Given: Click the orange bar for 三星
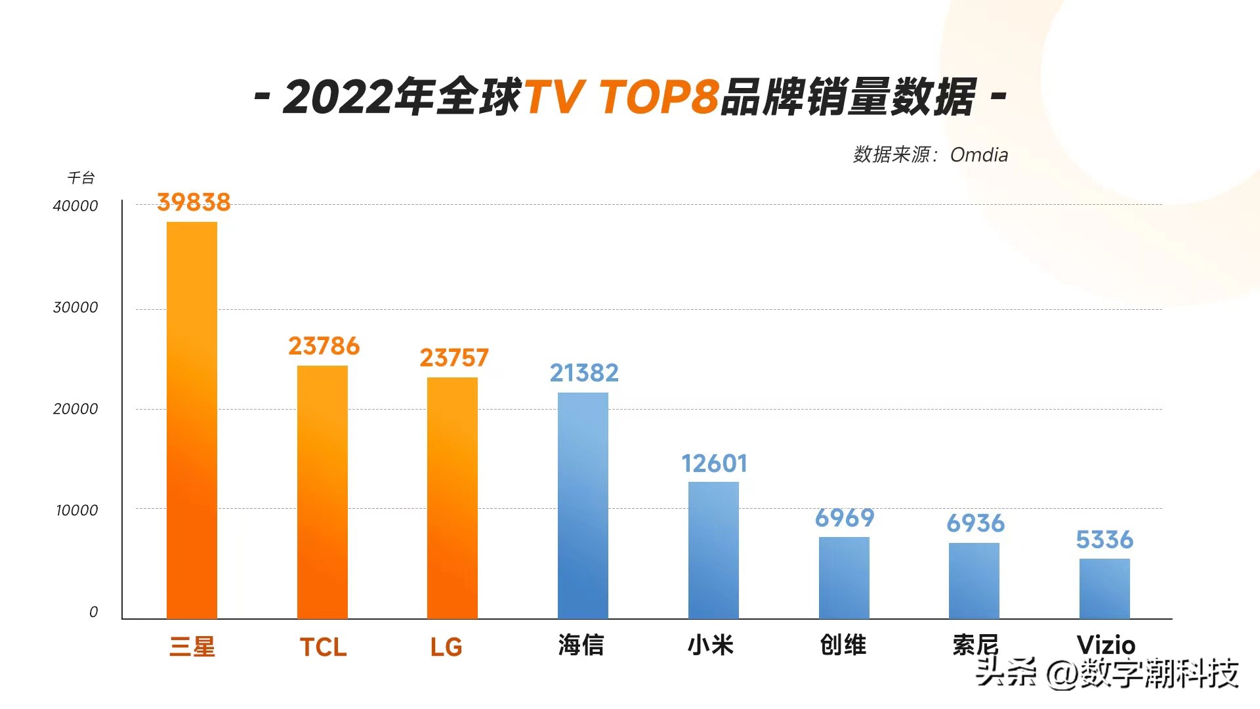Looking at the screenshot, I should [192, 420].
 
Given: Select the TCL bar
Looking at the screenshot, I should [322, 492].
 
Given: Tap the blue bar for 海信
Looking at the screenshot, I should [583, 505].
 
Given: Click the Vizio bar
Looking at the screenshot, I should [1104, 588].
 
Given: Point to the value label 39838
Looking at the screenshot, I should [194, 202].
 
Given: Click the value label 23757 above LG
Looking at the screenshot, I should [454, 358].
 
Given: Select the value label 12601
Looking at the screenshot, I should [714, 464].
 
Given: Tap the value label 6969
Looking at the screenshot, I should [845, 519].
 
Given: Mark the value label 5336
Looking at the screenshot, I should [1104, 540].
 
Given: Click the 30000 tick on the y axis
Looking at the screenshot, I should [75, 307].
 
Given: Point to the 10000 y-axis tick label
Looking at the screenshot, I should [77, 510].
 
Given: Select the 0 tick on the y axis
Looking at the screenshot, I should [93, 612].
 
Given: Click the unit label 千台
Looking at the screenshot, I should [81, 178].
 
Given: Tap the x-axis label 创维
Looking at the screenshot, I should [843, 645].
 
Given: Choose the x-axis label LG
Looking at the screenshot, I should [446, 647].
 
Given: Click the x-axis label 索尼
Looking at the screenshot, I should [975, 645].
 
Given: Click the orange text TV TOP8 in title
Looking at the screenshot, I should [621, 97].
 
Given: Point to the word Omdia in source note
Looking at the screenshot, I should [978, 155].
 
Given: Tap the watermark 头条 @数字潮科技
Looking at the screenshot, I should [1107, 673].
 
